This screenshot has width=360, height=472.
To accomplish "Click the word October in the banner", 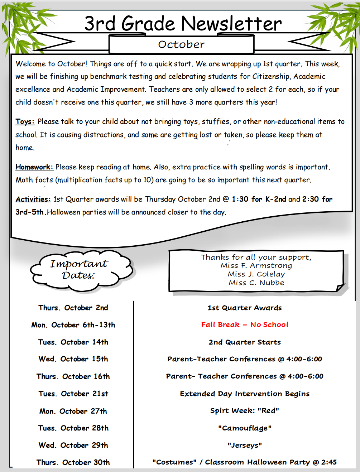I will coord(181,44).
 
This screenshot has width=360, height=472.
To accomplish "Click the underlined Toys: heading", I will coord(25,122).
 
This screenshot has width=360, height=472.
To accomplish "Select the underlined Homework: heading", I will coord(34,167).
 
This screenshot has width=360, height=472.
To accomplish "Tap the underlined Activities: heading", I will coord(33,199).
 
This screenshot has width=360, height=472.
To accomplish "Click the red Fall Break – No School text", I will coord(245,325).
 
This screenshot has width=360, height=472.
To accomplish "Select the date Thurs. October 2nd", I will coord(73,308).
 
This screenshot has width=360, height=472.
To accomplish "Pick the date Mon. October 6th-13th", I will coord(73,325).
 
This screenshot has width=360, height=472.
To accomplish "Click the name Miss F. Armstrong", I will coord(256,266).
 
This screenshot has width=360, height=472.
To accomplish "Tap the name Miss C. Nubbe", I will coord(256,283).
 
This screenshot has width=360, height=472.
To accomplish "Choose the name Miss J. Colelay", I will coord(256,274).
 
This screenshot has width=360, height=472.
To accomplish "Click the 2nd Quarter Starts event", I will coord(245,342).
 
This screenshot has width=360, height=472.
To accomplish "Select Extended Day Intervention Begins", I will coord(245,394).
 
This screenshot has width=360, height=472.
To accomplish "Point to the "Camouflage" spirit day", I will coord(245,428).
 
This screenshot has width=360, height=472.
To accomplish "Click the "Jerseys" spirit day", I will coord(245,445).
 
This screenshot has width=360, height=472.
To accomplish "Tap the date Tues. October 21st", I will coord(73,394).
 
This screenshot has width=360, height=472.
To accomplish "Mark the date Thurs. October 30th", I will coord(73,463).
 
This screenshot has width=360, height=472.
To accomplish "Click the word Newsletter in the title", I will coord(231,24).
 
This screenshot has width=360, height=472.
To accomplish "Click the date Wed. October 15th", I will coord(73,359).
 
